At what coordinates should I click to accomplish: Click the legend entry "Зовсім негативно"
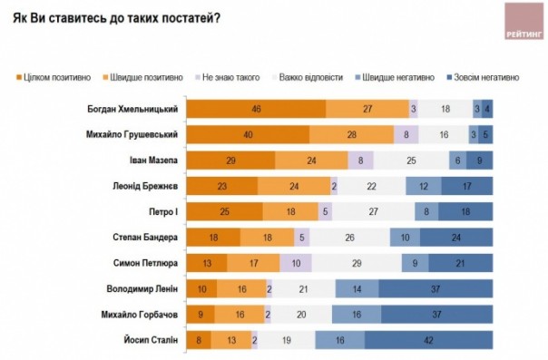pyautogui.click(x=485, y=78)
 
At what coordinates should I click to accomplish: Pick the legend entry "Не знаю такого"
pyautogui.click(x=225, y=78)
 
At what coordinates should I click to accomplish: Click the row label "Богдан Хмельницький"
pyautogui.click(x=131, y=109)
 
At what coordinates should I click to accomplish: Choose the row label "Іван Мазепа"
pyautogui.click(x=151, y=161)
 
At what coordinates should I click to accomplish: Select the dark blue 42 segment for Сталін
pyautogui.click(x=429, y=341)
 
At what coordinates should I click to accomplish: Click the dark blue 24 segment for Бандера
pyautogui.click(x=457, y=238)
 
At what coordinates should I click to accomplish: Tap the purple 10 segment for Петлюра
pyautogui.click(x=296, y=264)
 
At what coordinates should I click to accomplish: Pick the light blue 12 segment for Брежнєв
pyautogui.click(x=424, y=186)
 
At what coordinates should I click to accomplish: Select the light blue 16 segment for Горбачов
pyautogui.click(x=356, y=316)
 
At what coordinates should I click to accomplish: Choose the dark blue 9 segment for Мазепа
pyautogui.click(x=480, y=161)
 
